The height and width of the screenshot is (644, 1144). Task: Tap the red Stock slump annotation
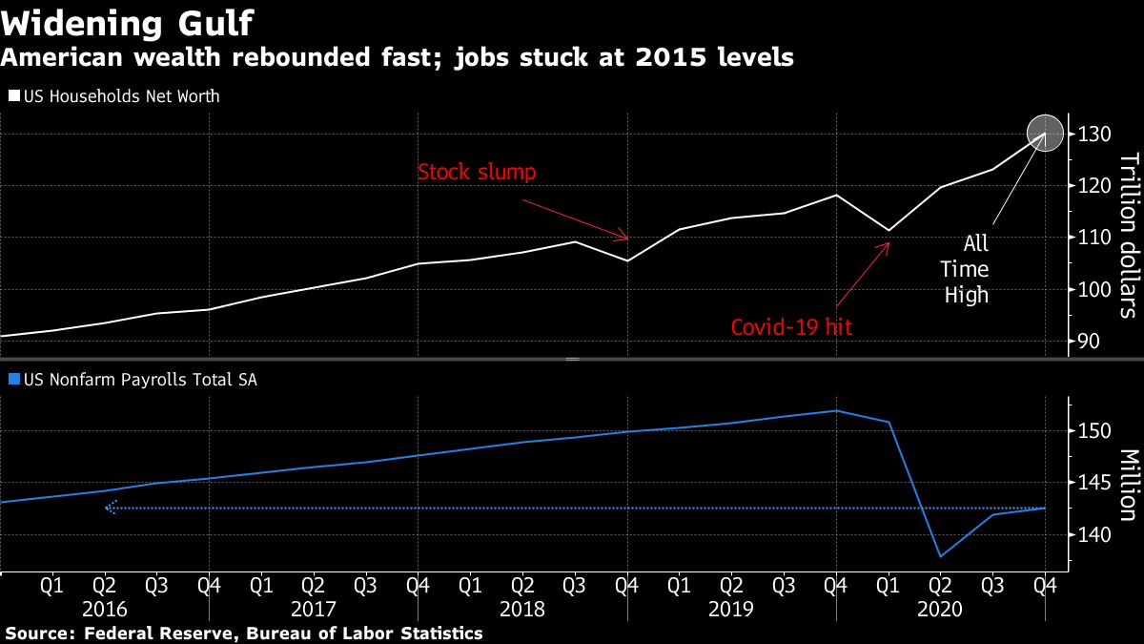coord(477,173)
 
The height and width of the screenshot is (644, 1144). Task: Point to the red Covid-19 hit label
coord(791,327)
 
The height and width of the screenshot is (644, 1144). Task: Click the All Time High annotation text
coord(966,270)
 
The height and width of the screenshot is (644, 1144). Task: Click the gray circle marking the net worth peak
coord(1045,134)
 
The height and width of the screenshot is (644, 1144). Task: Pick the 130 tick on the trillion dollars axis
coord(1094,135)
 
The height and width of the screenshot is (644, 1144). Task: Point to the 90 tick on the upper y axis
coord(1089,342)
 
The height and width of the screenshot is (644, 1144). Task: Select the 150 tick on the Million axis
coord(1094,431)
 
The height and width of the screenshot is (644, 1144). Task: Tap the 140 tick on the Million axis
coord(1094,535)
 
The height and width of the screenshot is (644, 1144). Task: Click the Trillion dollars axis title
coord(1127,235)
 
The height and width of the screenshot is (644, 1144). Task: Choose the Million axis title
coord(1127,485)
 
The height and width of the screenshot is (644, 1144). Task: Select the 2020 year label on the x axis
coord(940,608)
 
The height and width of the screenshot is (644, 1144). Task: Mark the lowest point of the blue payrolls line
coord(941,556)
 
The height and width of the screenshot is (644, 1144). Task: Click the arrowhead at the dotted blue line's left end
coord(109,509)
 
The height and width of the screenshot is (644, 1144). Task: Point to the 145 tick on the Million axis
coord(1094,484)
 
